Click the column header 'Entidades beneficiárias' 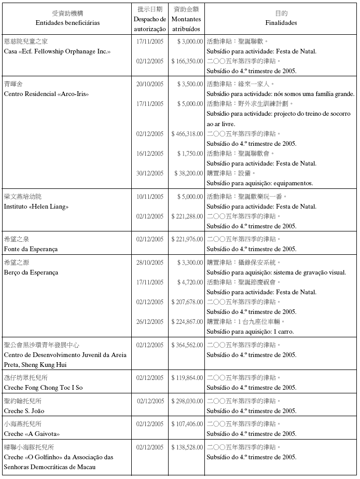tap(67, 23)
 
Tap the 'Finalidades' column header tap(281, 23)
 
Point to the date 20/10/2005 tap(150, 84)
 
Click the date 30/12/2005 tap(150, 173)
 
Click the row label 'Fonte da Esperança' tap(31, 249)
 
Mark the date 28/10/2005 tap(150, 263)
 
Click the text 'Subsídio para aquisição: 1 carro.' tap(252, 331)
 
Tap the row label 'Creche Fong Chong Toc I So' tap(43, 388)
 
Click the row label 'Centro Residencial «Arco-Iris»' tap(46, 94)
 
